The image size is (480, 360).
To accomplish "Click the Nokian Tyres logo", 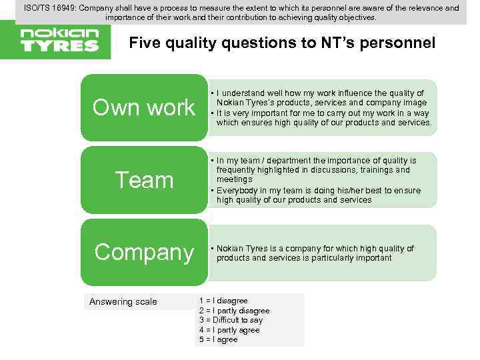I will coord(59,39).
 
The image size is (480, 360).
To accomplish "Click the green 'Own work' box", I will coord(144,107).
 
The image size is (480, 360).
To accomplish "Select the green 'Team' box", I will coord(144,180).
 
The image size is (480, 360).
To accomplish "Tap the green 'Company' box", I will coord(144,252).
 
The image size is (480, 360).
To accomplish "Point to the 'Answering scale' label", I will coord(123,302).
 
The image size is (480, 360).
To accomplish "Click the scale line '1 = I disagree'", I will coord(223,301).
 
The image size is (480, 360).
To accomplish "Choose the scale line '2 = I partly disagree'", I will coord(235,311).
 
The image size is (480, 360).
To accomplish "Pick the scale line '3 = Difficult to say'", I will coord(231,320).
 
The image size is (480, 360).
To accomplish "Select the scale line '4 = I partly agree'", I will coord(229,330).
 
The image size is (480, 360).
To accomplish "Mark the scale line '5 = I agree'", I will coord(218,339).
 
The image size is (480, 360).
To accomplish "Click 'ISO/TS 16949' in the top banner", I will coord(51,8).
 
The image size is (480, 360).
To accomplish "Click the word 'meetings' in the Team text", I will coord(235,179).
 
